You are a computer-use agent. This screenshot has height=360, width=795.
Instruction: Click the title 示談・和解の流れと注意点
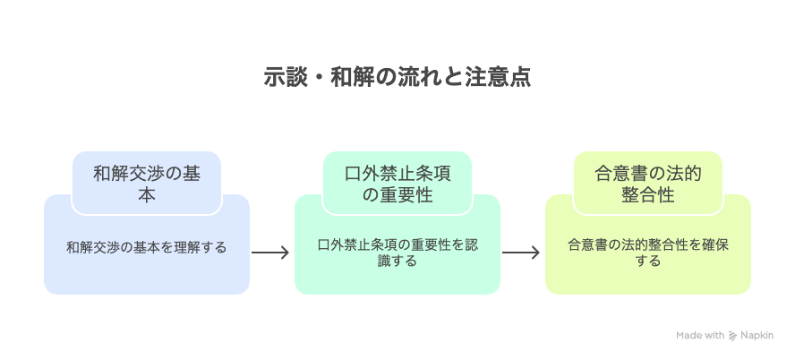397,77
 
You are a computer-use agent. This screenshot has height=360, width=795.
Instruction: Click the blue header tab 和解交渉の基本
146,184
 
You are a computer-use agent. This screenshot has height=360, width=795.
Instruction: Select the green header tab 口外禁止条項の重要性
397,184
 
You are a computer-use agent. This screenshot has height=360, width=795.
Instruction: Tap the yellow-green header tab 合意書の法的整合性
647,184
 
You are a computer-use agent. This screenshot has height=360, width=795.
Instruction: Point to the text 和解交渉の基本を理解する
146,246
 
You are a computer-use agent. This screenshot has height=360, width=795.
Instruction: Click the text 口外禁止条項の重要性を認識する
397,253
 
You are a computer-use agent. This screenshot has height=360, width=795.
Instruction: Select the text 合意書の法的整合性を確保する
647,253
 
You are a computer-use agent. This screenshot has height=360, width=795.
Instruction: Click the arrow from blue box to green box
270,253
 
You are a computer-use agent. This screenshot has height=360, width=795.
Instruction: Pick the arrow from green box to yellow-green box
521,253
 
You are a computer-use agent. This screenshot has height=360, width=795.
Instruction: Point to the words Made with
700,336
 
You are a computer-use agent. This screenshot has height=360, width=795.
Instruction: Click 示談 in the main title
285,77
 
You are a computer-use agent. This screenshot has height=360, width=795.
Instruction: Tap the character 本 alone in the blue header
146,195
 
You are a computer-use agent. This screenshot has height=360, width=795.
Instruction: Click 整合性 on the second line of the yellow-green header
647,195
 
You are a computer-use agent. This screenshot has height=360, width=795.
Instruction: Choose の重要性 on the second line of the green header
397,195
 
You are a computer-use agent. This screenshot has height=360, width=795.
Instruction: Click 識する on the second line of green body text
397,261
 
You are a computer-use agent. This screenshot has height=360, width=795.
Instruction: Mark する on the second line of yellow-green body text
647,261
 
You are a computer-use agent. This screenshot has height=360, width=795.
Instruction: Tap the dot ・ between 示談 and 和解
318,77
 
